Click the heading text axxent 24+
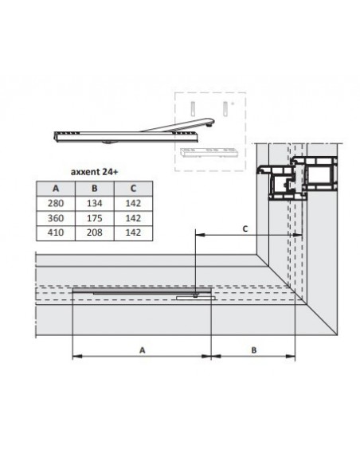94,172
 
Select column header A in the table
56,189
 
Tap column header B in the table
94,189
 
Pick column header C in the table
133,189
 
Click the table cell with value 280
56,203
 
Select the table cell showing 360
56,218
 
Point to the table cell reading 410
56,232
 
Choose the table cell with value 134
94,203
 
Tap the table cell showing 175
94,218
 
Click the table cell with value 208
94,232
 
